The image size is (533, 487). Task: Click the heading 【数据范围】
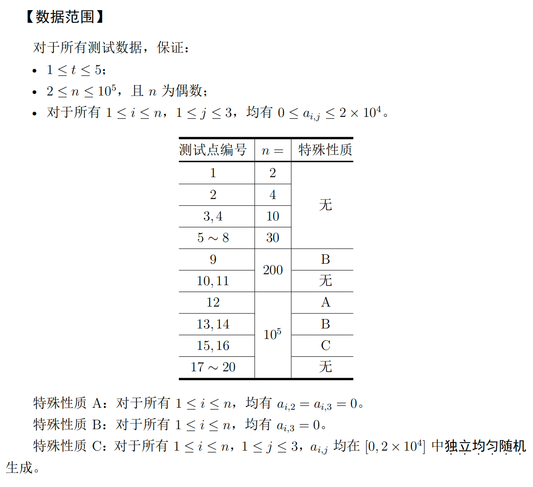[65, 17]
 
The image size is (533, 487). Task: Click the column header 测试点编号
[213, 150]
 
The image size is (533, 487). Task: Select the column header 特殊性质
[325, 150]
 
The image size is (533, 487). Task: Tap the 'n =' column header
[273, 151]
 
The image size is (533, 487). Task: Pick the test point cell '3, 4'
[213, 216]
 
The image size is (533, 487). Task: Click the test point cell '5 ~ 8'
[213, 238]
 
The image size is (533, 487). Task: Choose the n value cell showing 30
[273, 238]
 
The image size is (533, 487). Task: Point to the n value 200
[273, 270]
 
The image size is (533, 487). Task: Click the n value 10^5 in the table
[273, 335]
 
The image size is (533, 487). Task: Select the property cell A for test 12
[325, 303]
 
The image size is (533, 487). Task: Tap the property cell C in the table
[325, 345]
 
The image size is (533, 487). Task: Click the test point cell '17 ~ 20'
[213, 367]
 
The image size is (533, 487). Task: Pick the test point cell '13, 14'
[213, 324]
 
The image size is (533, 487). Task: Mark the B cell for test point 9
[325, 259]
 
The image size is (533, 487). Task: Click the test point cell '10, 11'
[213, 281]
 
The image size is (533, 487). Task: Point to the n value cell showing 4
[273, 195]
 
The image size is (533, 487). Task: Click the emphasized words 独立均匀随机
[485, 446]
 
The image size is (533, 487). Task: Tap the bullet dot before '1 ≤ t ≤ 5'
[35, 71]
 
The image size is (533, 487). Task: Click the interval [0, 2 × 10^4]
[395, 447]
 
